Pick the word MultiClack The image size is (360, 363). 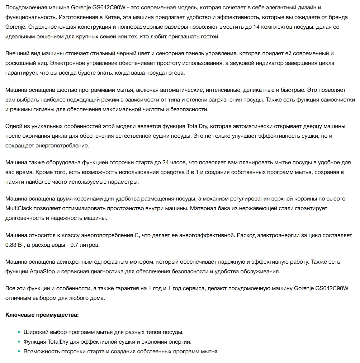18,208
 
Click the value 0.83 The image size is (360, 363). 11,245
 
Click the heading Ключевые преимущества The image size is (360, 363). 42,315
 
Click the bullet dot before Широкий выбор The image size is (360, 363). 19,333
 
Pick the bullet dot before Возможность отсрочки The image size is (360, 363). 19,352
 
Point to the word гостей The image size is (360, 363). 209,37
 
